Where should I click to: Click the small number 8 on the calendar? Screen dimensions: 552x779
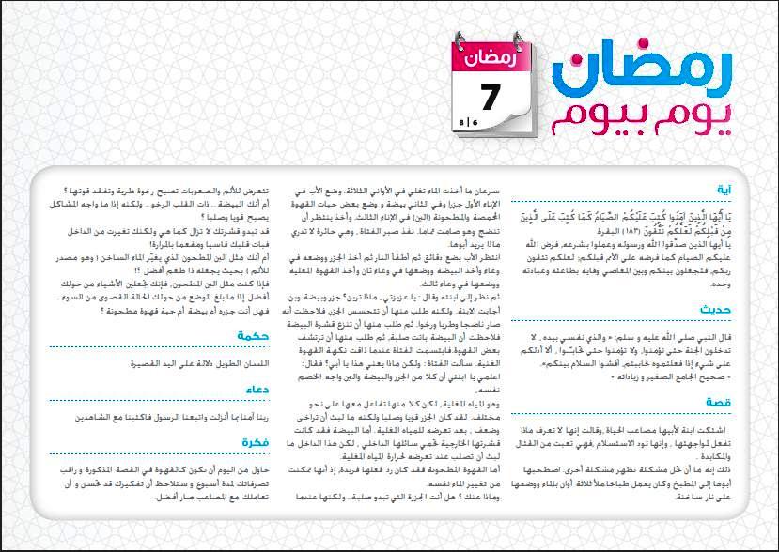(x=462, y=123)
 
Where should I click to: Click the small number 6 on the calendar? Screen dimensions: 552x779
(x=475, y=123)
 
